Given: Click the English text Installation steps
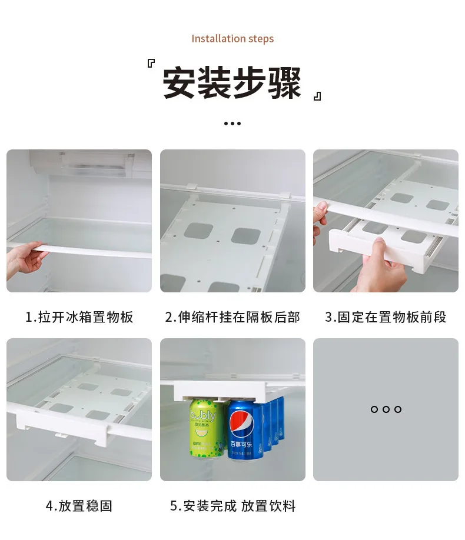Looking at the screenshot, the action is pos(232,39).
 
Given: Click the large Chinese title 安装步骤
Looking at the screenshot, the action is pos(232,83).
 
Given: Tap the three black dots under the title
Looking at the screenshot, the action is pos(232,124).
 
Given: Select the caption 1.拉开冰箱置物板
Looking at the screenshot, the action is pos(79,317).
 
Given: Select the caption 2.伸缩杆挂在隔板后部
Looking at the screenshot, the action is pos(232,317).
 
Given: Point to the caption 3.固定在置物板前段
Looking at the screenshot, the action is pos(386,317).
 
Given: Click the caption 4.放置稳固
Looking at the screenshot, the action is pos(79,506).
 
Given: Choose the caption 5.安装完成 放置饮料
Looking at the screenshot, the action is pos(232,506).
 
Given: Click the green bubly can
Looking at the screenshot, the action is pos(206,428).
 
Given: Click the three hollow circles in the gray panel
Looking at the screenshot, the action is pos(386,409).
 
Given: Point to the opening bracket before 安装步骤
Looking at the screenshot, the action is pos(151,63).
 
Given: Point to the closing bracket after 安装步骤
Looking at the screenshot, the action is pos(317,96).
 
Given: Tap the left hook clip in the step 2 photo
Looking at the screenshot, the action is pos(192,187).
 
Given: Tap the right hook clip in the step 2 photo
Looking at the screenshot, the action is pos(285,195).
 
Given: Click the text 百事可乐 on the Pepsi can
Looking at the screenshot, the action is pos(241,444).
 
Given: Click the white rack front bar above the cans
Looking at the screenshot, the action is pos(220,390).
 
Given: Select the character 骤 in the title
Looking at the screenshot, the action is pos(285,83).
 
